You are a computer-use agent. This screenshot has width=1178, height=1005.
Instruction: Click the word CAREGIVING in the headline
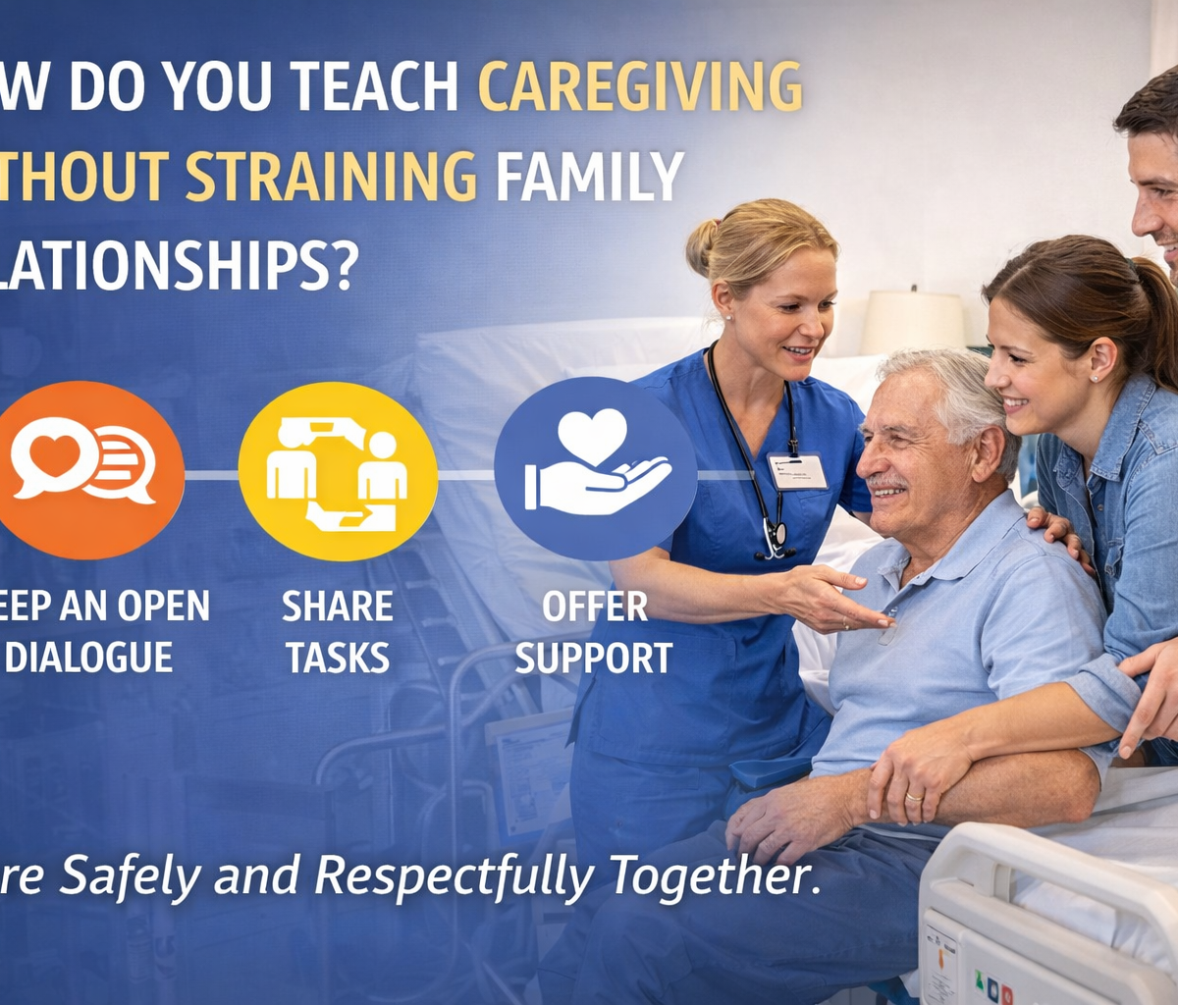point(640,87)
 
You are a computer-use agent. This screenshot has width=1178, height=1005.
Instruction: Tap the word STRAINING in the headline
point(331,177)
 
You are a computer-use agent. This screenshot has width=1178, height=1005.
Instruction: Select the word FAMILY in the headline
point(589,177)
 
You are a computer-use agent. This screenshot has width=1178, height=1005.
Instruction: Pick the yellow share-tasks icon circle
point(338,470)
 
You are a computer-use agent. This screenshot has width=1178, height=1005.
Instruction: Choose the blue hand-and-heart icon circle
point(595,468)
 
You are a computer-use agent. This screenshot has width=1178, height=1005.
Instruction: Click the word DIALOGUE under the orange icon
point(89,657)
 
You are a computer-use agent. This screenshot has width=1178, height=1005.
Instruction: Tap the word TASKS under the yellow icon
point(338,657)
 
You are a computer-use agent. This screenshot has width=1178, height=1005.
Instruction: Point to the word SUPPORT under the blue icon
point(594,657)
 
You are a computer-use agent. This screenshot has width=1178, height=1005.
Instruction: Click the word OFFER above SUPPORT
point(595,607)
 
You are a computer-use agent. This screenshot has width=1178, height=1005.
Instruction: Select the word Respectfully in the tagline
point(454,875)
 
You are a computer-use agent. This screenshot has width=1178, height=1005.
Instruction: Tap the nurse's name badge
point(797,471)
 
